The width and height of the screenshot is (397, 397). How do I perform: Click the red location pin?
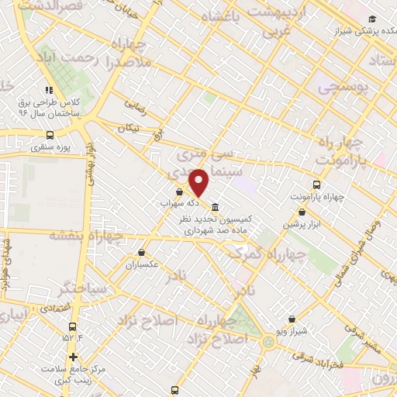click(x=199, y=181)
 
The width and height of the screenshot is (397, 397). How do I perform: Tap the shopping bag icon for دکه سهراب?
click(x=180, y=192)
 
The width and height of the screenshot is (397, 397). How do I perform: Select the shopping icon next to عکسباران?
click(x=141, y=252)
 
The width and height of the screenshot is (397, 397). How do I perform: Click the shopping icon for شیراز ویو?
click(x=292, y=319)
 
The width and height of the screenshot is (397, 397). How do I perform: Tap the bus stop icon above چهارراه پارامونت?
click(x=316, y=185)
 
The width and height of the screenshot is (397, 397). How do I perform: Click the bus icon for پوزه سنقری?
click(x=50, y=134)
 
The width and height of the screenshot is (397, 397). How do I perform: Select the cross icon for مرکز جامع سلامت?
click(x=73, y=357)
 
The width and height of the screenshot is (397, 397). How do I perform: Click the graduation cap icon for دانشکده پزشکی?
click(x=372, y=19)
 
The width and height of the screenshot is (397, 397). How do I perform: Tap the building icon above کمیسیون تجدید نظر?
click(x=214, y=207)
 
